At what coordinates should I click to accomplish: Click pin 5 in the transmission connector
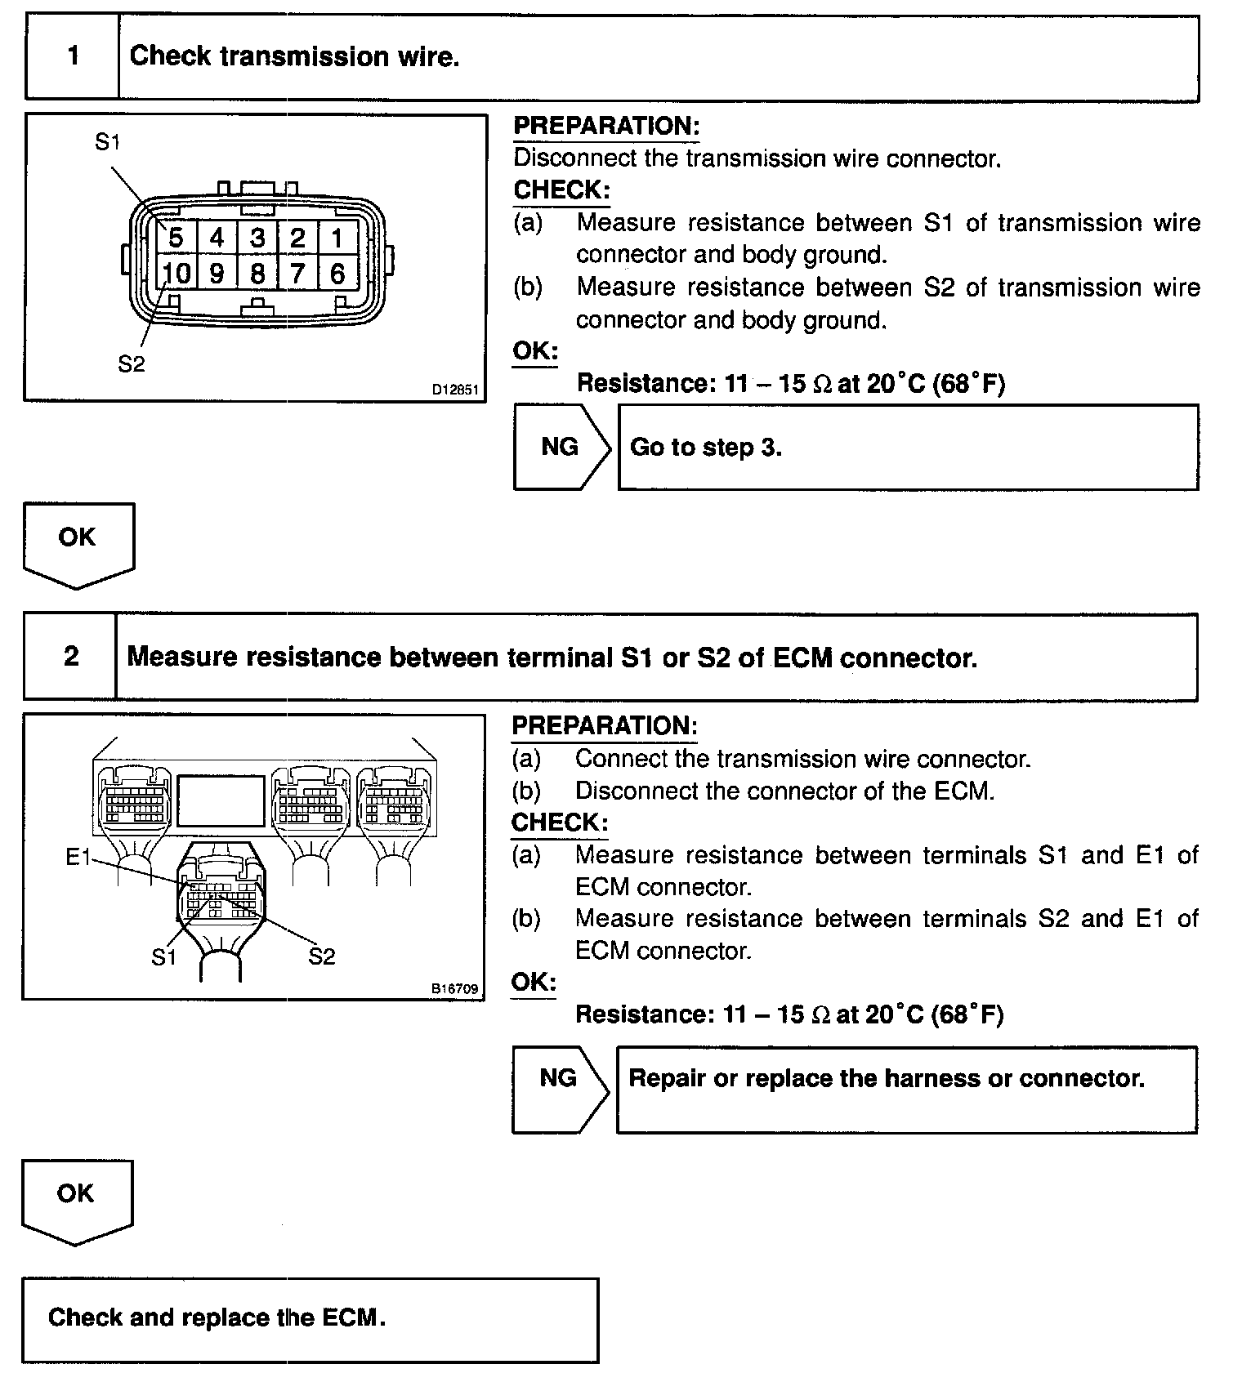click(176, 238)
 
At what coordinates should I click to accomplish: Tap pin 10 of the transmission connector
click(176, 273)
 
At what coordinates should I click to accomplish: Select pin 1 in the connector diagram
click(337, 238)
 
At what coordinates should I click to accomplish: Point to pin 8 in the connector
click(257, 273)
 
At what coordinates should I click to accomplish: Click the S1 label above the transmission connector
click(107, 142)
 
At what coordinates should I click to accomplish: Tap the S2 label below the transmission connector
click(131, 363)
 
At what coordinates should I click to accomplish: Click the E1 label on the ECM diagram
click(78, 857)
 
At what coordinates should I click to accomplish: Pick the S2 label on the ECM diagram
click(321, 956)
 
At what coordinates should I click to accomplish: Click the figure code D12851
click(455, 390)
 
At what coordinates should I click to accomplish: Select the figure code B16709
click(454, 989)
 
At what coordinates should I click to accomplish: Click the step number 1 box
click(74, 56)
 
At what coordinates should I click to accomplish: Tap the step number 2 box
click(71, 657)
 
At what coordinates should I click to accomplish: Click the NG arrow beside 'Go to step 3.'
click(561, 447)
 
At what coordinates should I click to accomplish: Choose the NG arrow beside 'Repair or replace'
click(559, 1078)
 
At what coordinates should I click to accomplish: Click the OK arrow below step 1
click(78, 541)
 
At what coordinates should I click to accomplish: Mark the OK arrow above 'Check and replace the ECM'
click(76, 1198)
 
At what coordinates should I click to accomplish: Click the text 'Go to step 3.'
click(706, 447)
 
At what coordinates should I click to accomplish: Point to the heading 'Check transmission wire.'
click(294, 56)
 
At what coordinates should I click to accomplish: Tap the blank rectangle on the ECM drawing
click(221, 800)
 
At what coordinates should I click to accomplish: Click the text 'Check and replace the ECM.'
click(217, 1317)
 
